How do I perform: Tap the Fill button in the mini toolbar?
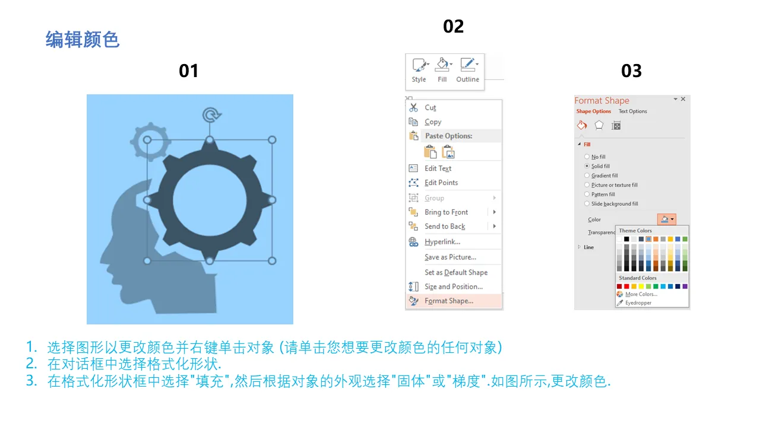[442, 70]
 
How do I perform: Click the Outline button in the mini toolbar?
[467, 70]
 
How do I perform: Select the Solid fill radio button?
[587, 166]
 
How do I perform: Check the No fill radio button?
[587, 157]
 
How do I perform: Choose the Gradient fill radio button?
[587, 176]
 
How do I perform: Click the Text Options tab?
[632, 111]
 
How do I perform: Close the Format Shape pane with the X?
[683, 99]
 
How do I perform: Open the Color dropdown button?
[667, 219]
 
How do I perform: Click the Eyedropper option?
[638, 303]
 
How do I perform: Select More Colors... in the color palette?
[641, 294]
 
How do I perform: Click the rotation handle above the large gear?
[211, 115]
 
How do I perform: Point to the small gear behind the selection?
[150, 141]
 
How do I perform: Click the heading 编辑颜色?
[83, 40]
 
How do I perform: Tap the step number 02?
[453, 27]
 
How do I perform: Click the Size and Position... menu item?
[453, 286]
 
